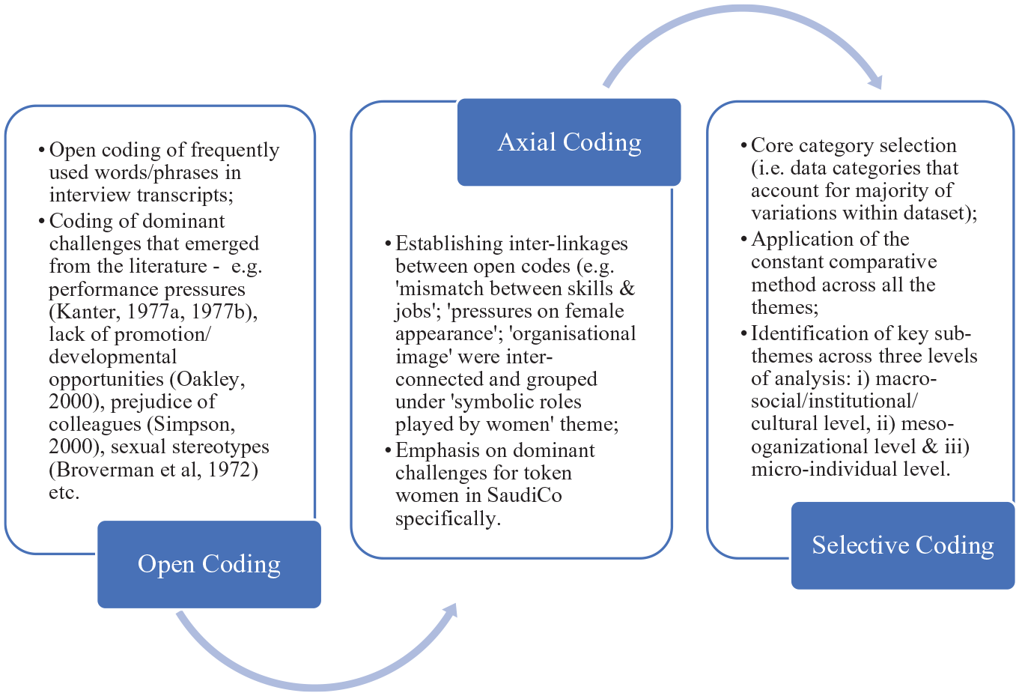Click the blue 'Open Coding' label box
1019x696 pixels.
pos(209,564)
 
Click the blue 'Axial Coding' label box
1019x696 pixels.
pos(569,142)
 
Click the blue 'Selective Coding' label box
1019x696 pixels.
pos(903,545)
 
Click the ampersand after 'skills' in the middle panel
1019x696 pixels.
pos(627,288)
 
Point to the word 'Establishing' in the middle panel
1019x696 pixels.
pos(449,244)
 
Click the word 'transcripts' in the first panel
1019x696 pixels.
pos(185,196)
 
